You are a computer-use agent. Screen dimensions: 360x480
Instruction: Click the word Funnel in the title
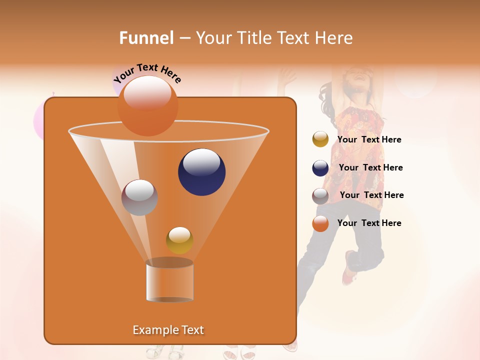click(146, 38)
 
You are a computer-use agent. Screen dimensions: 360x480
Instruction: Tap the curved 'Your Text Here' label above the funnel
click(147, 73)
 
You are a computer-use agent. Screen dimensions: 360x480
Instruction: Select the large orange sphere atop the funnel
click(148, 105)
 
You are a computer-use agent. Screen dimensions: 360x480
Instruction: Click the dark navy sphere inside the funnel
click(202, 172)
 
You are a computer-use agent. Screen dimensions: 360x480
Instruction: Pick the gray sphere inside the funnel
click(140, 197)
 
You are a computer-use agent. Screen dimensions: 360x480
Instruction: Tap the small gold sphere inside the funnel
click(179, 240)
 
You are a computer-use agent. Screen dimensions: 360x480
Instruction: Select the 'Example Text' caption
click(168, 330)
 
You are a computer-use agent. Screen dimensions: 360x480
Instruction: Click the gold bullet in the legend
click(320, 139)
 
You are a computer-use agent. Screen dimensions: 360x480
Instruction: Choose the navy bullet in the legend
click(320, 168)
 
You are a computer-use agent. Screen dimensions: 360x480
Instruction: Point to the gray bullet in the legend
click(320, 195)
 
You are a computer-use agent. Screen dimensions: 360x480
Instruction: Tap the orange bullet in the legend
click(320, 223)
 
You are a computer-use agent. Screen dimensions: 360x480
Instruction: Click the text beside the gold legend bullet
click(369, 140)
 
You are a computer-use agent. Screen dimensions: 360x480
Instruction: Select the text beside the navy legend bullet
click(370, 168)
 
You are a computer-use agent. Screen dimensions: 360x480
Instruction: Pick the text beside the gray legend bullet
click(371, 195)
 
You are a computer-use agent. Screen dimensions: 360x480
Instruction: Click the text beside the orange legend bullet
click(369, 223)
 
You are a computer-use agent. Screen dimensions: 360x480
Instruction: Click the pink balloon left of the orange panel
click(38, 121)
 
